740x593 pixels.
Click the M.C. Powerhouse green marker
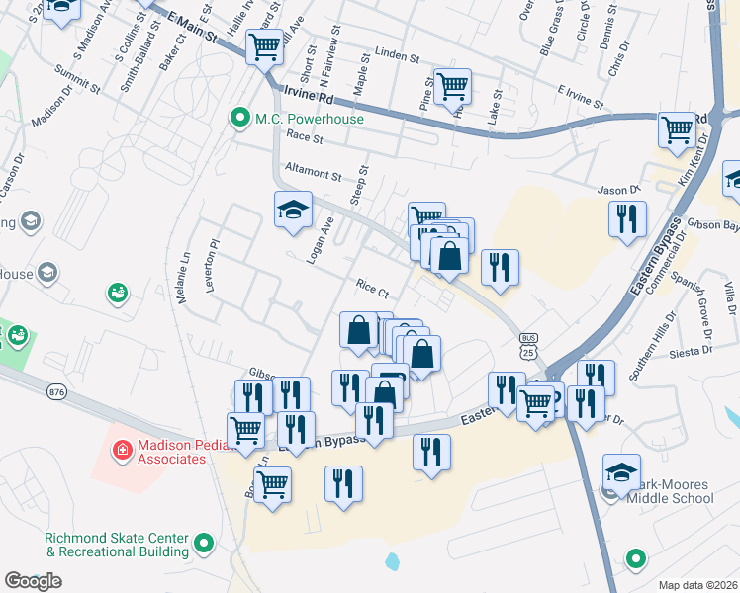[238, 119]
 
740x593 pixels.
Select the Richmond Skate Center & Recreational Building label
[116, 544]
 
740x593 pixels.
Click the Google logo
[33, 581]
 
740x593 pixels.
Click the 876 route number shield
[55, 391]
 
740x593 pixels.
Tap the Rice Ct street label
[372, 287]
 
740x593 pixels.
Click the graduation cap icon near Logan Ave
[293, 210]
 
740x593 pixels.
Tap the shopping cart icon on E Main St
[264, 44]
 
